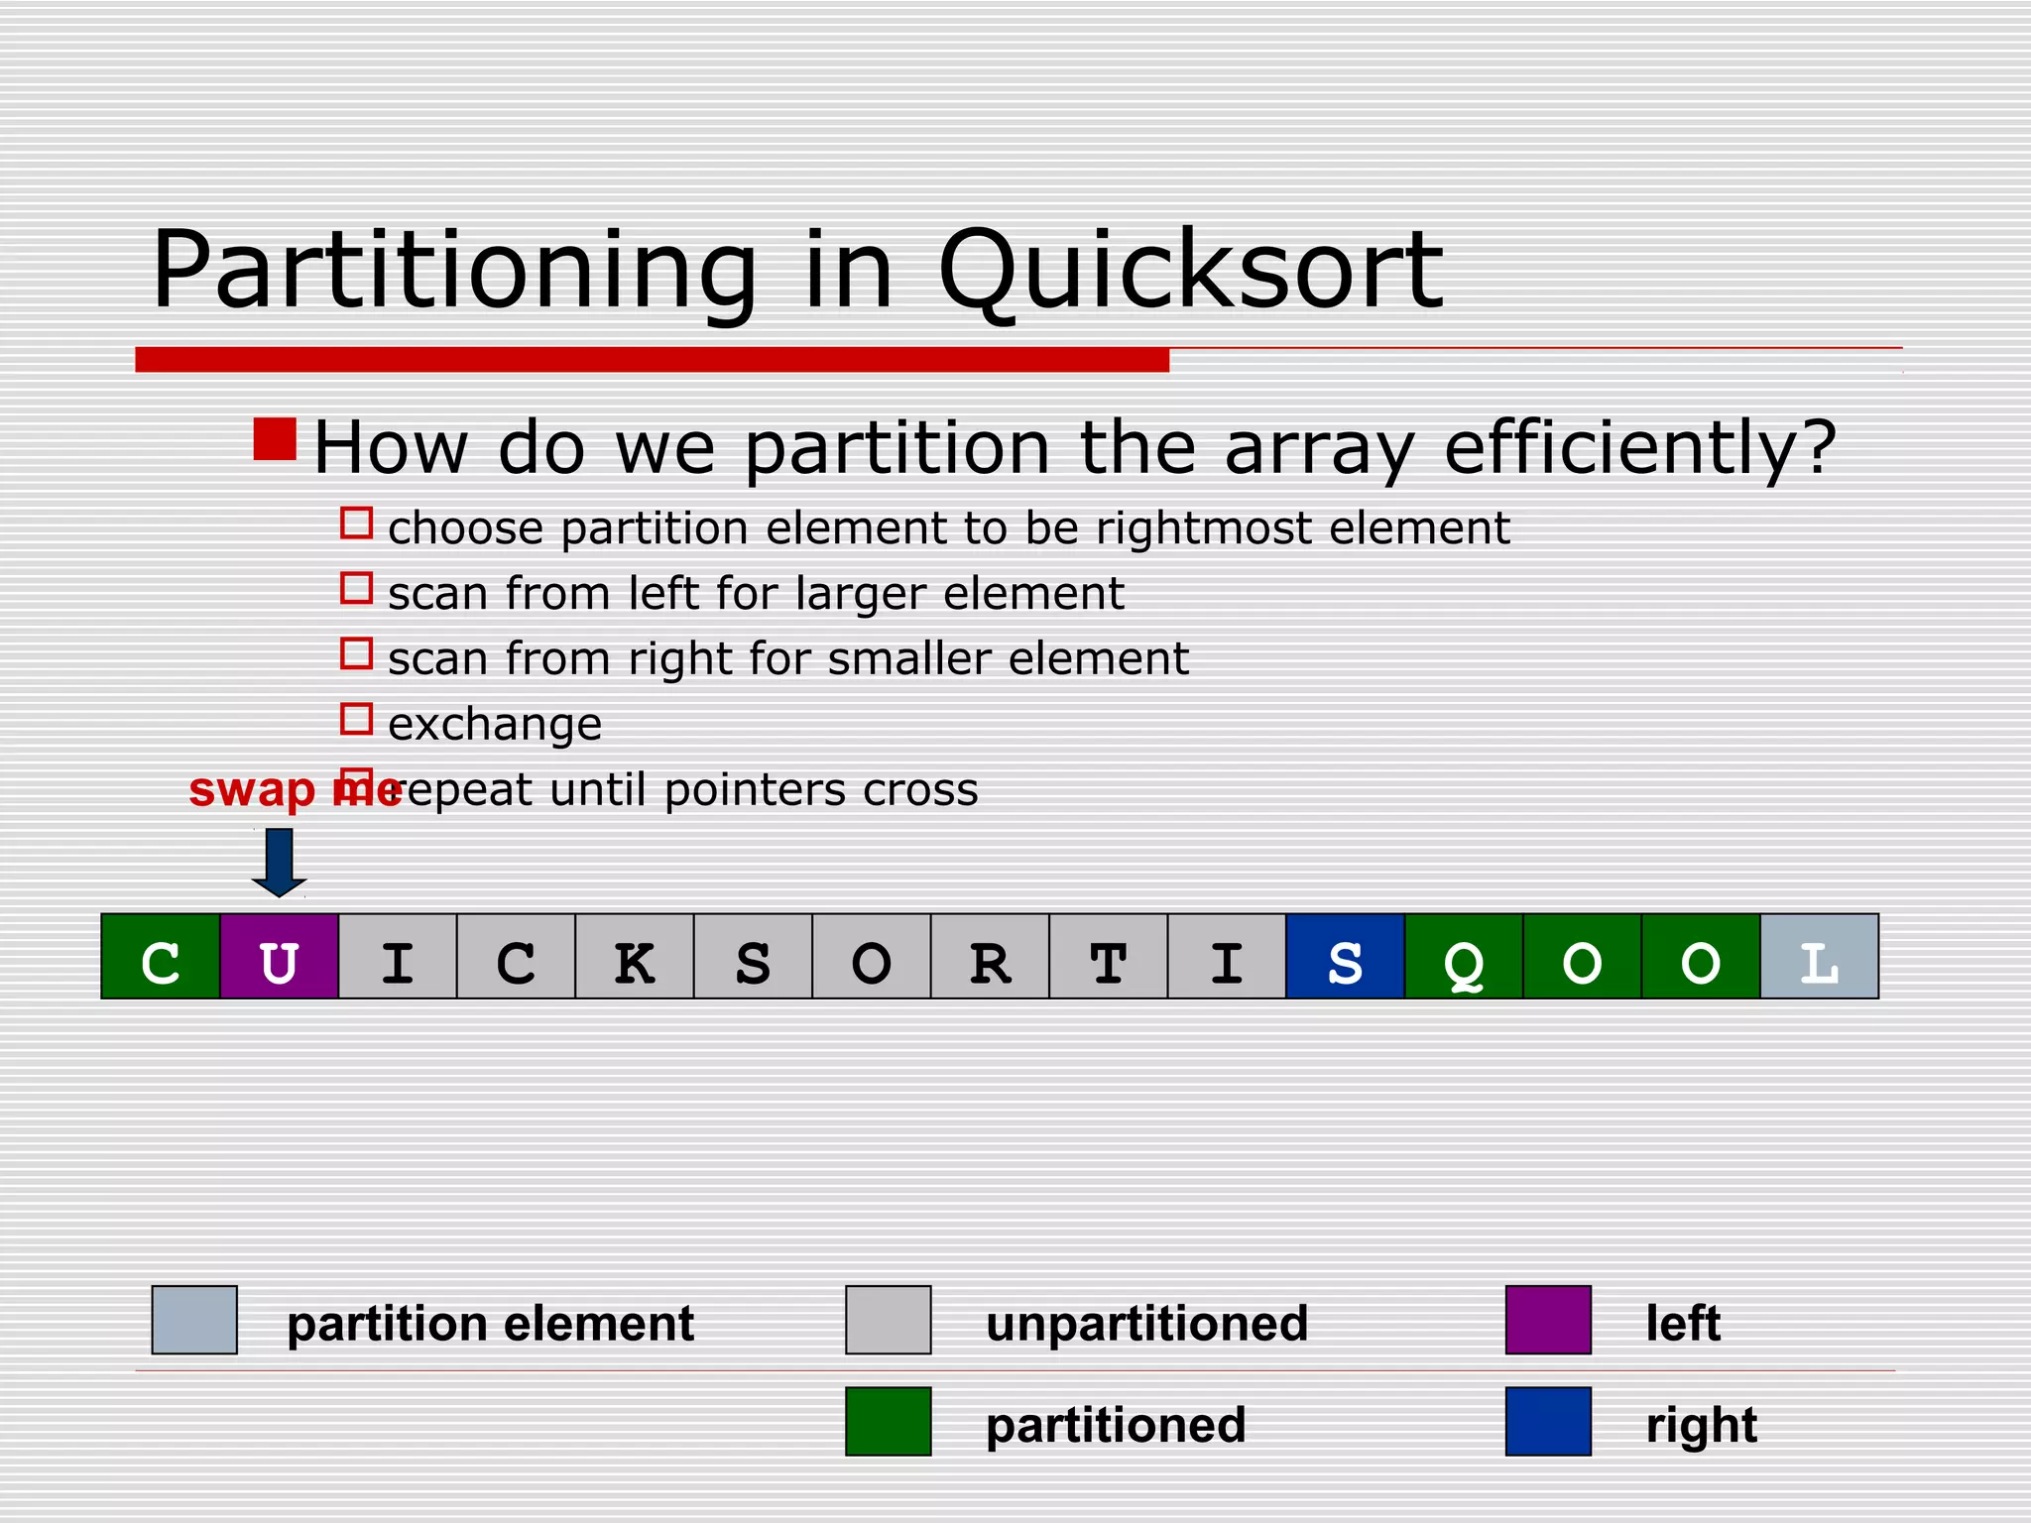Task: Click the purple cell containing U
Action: point(279,956)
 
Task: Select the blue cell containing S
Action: point(1345,956)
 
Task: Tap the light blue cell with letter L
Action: point(1819,956)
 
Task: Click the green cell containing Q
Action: point(1464,956)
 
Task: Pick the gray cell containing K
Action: point(635,956)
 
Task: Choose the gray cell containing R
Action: point(990,956)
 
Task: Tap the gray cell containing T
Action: point(1108,956)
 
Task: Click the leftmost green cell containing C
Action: point(161,956)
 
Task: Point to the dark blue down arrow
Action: point(279,862)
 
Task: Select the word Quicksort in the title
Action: point(1189,270)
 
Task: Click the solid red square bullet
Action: point(275,439)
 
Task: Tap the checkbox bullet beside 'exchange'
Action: point(356,719)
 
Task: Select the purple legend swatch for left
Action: point(1548,1320)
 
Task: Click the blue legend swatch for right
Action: point(1548,1421)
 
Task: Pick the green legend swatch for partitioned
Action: point(888,1421)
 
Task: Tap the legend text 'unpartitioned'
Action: point(1146,1324)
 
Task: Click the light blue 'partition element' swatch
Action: point(194,1320)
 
